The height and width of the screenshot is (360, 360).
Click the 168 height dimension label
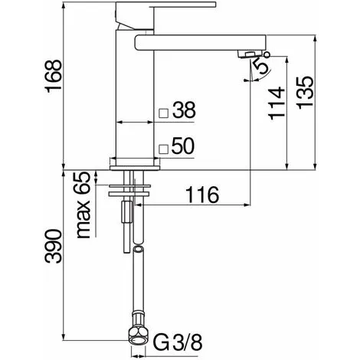(x=53, y=74)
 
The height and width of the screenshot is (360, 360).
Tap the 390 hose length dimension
(x=53, y=247)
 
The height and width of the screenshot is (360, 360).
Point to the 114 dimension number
(x=277, y=103)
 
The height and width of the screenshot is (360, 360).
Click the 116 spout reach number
(x=203, y=195)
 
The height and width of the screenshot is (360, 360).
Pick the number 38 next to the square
(x=184, y=110)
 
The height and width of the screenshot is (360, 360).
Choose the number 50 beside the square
(x=183, y=146)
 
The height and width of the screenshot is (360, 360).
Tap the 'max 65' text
(x=83, y=205)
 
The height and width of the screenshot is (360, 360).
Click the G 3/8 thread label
(x=178, y=342)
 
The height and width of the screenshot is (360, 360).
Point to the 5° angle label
(x=263, y=64)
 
